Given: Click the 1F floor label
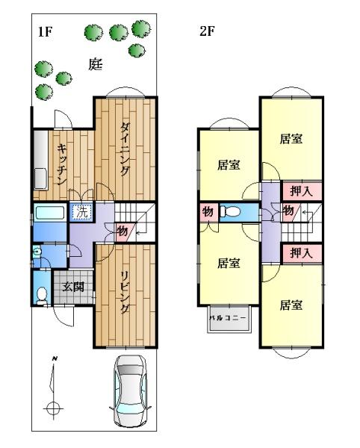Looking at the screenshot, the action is click(x=45, y=31).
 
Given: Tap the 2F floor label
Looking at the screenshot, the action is click(x=207, y=31).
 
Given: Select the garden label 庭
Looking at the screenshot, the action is click(x=95, y=64).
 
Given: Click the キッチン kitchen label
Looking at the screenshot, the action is click(x=62, y=164).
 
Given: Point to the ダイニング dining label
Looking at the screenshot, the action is click(x=125, y=149).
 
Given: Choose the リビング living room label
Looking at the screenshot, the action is click(x=124, y=293).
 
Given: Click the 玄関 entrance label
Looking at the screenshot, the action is click(x=73, y=287).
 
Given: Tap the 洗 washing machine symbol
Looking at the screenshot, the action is click(x=81, y=212).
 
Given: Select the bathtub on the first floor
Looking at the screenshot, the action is click(x=50, y=213).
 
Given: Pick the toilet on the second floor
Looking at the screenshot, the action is click(x=230, y=212).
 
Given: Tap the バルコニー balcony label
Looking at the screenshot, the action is click(x=229, y=318).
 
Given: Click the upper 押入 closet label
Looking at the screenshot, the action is click(x=301, y=191).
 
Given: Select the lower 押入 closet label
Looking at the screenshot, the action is click(x=301, y=253).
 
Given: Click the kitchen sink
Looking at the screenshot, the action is click(x=40, y=179).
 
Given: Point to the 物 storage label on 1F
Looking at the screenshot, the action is click(x=122, y=231).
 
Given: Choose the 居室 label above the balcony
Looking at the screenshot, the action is click(x=229, y=263).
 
